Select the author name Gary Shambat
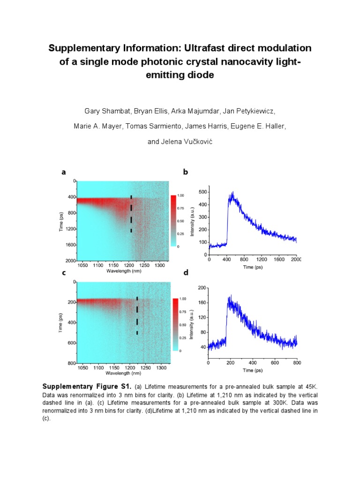107,111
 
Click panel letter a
64,172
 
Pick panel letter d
186,272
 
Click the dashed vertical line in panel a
131,214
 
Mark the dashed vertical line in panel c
137,315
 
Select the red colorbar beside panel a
173,221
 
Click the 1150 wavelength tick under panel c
114,367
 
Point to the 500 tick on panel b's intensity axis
203,192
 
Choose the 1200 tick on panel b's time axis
262,259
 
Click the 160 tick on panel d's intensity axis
202,302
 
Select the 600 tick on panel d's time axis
275,363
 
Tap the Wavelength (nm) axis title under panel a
124,271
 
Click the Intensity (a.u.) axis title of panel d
192,324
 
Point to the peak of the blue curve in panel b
233,192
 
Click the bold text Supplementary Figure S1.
87,386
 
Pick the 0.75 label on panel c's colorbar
183,312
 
